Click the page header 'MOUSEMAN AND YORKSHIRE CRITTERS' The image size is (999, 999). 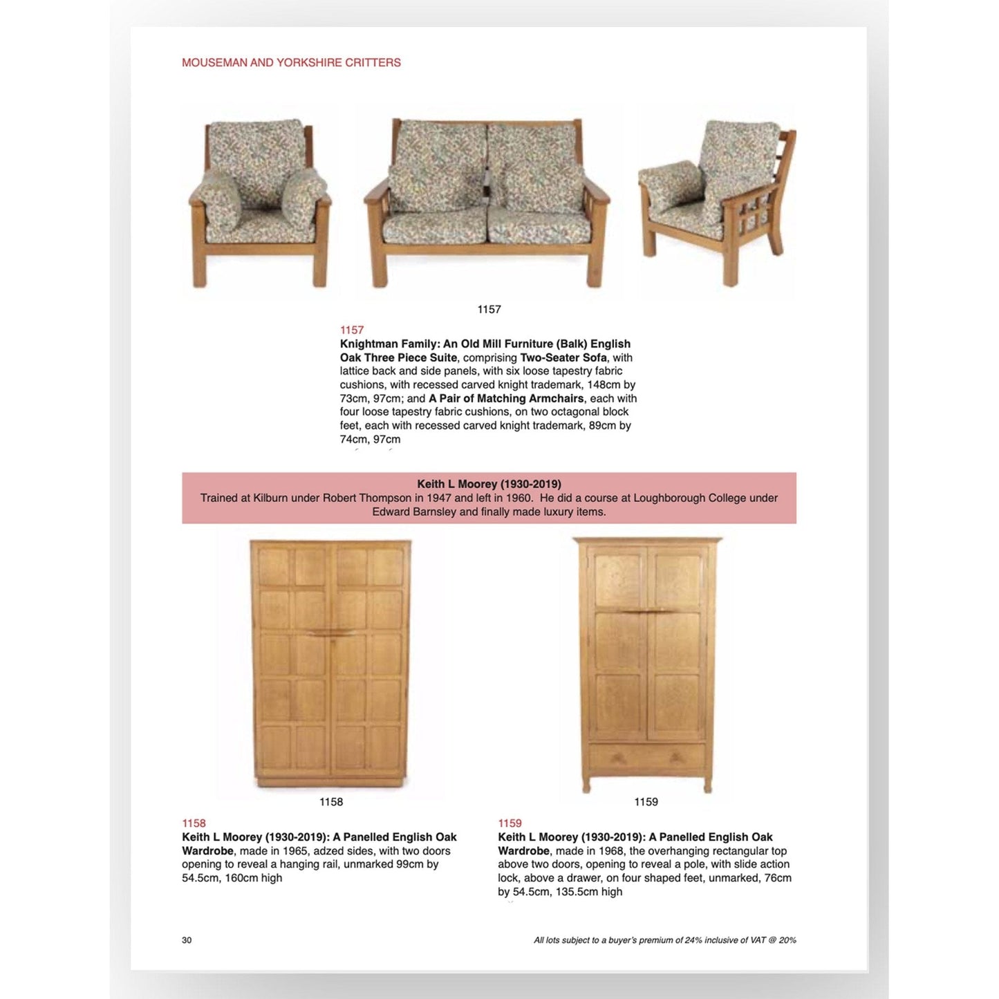291,63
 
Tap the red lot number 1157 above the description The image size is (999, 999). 351,330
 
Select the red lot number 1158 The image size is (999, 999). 194,823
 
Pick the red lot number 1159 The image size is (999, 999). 510,823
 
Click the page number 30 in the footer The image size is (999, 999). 187,940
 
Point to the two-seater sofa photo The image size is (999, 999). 487,204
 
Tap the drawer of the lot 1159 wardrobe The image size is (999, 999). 646,758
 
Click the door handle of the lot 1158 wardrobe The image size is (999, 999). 331,633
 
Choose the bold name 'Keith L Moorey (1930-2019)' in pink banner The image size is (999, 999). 489,484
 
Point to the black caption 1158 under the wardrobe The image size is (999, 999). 331,802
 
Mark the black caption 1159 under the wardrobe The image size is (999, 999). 646,802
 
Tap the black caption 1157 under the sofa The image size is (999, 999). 489,310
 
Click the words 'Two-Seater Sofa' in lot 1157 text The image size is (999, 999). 563,357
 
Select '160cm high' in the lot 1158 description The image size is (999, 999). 254,878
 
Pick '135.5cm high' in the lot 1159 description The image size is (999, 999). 590,892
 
